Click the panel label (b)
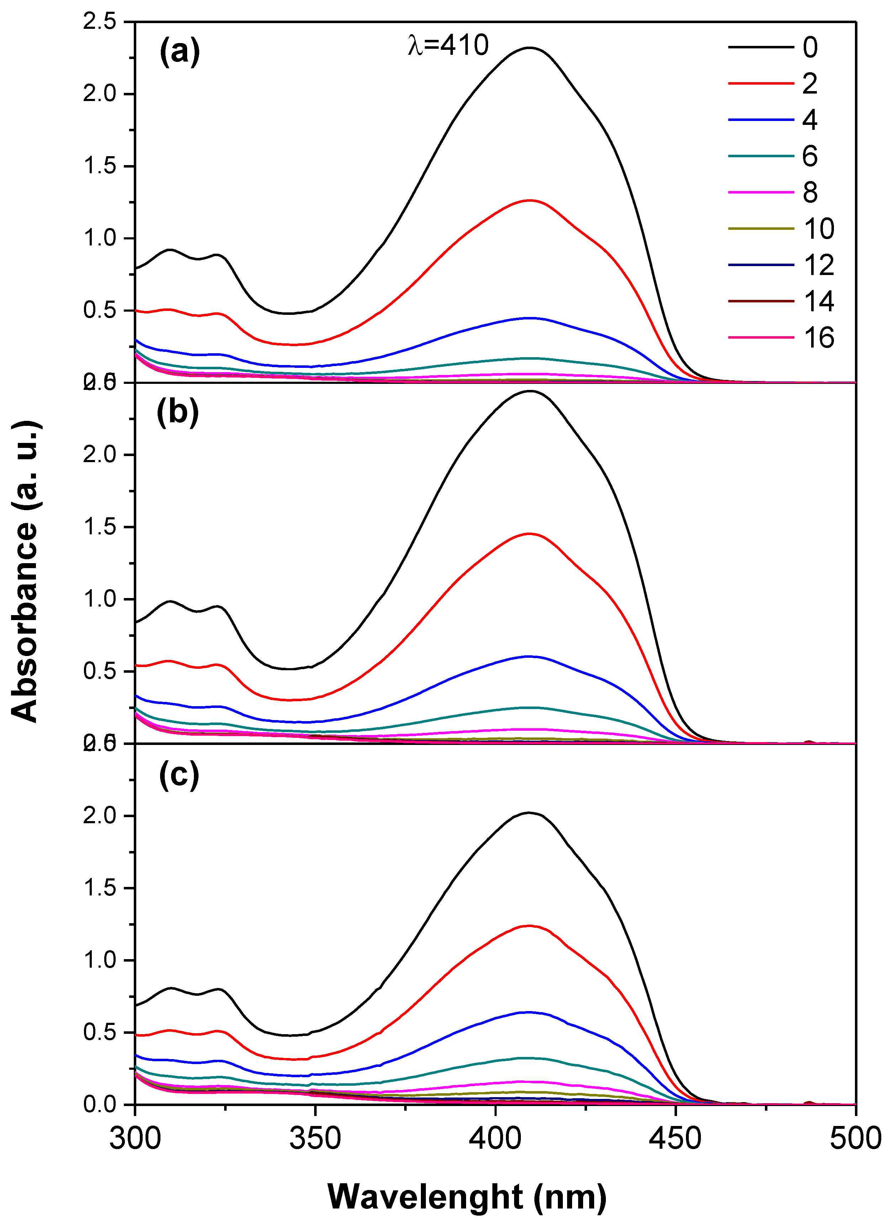(178, 412)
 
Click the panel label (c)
(179, 775)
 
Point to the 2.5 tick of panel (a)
(100, 22)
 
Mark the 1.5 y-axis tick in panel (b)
(100, 527)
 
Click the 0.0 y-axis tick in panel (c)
(100, 1104)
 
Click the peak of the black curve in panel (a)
(529, 48)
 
